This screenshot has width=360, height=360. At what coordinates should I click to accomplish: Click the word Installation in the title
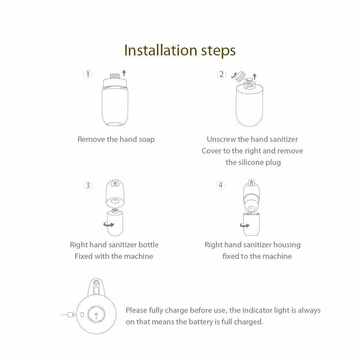(161, 50)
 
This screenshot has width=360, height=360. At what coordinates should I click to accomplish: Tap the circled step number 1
(87, 74)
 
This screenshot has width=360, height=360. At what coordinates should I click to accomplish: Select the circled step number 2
(221, 75)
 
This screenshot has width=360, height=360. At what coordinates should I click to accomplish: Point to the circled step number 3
(88, 185)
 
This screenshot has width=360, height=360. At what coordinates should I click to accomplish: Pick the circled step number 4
(221, 185)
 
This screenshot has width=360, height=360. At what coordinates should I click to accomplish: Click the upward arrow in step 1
(124, 73)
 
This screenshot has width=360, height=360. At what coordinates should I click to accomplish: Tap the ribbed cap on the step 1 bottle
(115, 76)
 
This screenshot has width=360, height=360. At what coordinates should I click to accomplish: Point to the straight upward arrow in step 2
(255, 76)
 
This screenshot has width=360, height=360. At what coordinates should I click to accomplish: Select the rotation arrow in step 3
(109, 225)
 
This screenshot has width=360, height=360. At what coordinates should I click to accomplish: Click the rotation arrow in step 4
(245, 225)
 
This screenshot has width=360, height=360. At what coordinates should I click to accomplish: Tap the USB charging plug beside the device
(72, 315)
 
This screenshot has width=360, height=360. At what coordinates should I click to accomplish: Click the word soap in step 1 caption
(147, 139)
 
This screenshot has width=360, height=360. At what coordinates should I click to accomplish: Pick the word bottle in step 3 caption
(148, 245)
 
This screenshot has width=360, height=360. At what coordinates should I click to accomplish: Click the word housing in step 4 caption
(287, 245)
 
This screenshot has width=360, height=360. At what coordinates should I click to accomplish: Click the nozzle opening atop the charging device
(96, 282)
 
